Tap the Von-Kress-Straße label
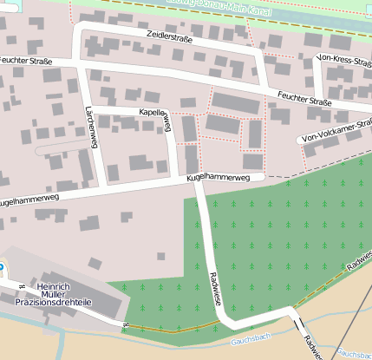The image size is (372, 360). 346,60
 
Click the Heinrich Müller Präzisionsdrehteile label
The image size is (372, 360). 60,295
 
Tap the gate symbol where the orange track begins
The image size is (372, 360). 126,326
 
